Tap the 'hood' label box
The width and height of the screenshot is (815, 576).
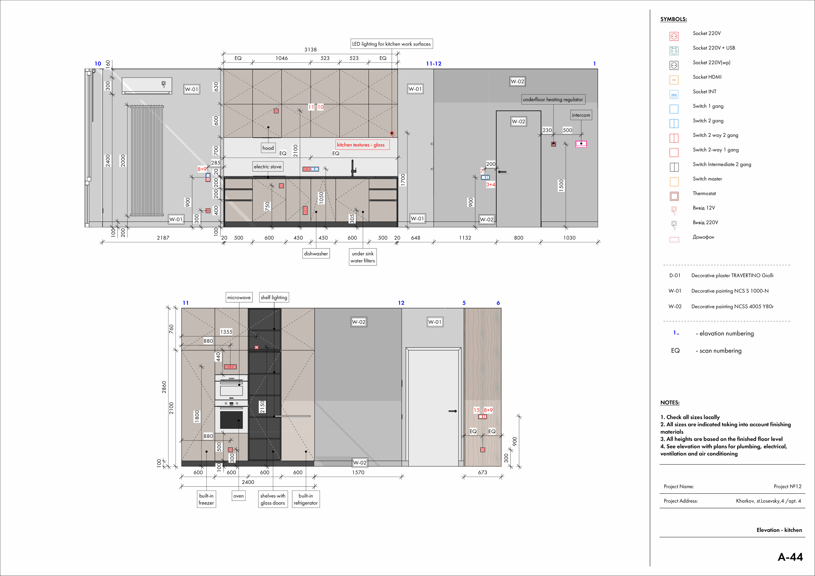pos(268,148)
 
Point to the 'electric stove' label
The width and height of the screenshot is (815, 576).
pos(268,166)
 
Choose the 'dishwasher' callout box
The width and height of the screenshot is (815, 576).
pos(316,253)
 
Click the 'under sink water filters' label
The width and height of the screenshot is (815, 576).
pos(363,257)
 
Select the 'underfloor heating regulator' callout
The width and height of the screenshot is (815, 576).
pos(553,99)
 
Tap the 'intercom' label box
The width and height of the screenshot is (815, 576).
pos(581,115)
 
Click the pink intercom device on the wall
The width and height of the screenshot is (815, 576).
pos(581,144)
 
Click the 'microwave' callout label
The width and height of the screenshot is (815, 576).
pos(239,297)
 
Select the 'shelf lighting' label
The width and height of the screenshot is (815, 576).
pos(274,297)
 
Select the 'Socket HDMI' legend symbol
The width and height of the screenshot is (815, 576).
pos(674,80)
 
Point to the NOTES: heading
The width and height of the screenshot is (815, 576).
pos(670,402)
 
